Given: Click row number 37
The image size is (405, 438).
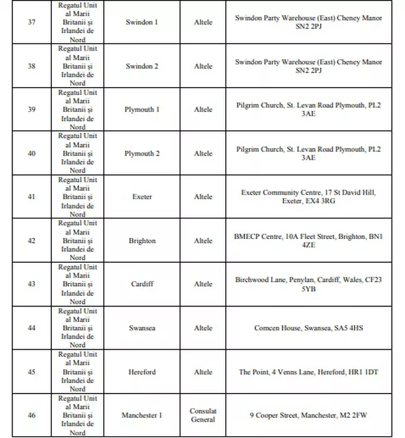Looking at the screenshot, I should coord(32,23).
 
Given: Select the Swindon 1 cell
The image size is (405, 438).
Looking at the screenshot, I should coord(142,23).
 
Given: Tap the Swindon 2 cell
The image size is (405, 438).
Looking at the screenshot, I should coord(142,66).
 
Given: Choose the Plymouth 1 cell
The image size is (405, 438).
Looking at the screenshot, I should coord(142,109).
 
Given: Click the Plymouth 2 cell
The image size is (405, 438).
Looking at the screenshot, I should coord(142,153).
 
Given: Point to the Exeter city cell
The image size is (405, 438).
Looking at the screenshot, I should coord(142,197).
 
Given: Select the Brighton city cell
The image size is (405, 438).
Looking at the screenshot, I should coord(142,241).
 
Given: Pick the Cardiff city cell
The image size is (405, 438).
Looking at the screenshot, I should coord(142,284).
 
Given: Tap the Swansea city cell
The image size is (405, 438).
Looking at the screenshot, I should coord(142,328).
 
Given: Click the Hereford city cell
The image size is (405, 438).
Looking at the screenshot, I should coord(142,372).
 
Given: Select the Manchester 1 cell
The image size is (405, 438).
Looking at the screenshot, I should coord(142,415).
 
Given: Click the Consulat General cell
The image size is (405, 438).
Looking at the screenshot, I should coord(203,415).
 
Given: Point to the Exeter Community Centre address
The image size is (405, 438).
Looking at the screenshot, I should coord(308,197).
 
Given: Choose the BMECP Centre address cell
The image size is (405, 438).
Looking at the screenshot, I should coord(308,241).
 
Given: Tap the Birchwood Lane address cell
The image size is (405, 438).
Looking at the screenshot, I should coord(308,284).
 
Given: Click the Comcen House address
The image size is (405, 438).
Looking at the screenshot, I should coord(308,328).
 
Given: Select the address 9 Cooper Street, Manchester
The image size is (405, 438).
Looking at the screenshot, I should coord(308,415).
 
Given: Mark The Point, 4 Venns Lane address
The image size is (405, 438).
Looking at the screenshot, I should coord(308,372).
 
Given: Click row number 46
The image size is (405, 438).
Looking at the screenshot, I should coord(32,415).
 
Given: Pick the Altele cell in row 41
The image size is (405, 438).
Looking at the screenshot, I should coord(203,197).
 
